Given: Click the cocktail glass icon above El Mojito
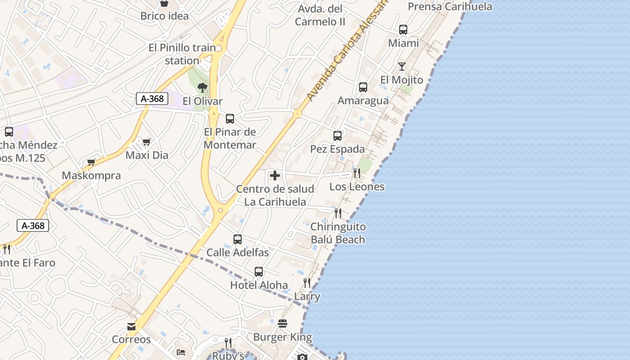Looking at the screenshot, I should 402,67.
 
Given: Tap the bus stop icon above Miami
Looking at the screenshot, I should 403,30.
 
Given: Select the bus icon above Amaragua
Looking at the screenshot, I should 363,87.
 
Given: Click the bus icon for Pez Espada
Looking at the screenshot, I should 337,135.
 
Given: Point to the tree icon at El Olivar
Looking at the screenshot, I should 202,88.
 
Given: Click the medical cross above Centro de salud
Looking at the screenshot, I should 274,175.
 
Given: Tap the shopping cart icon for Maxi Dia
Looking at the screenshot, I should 146,142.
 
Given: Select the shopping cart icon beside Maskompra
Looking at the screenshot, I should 91,162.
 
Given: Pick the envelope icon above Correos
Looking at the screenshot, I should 131,326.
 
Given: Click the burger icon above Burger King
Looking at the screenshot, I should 283,324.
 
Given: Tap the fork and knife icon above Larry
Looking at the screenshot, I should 307,283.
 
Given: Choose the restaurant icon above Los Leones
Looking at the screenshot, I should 357,173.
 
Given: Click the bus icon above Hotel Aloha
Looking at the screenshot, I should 259,272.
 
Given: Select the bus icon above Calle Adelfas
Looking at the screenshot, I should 238,239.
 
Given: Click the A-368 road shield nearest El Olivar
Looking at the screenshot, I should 152,99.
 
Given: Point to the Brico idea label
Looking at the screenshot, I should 164,16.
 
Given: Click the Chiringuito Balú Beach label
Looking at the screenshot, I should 338,233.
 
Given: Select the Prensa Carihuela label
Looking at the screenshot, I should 450,6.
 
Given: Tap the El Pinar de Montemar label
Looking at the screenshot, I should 230,138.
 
